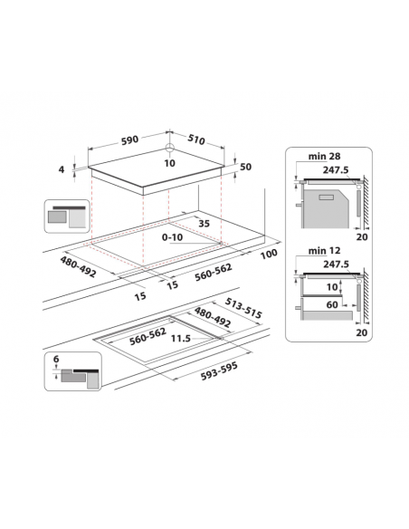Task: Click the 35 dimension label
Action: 204,222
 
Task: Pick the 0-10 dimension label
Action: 174,236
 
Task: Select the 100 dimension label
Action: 267,255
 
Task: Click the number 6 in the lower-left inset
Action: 57,359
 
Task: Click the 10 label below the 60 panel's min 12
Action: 333,287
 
